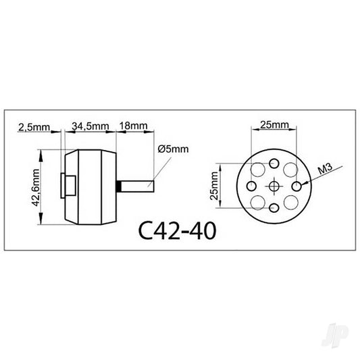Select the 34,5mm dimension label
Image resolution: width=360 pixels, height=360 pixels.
pos(91,126)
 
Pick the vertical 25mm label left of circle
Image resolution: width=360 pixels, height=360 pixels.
pos(215,186)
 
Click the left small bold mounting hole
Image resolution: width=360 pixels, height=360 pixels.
pos(252,186)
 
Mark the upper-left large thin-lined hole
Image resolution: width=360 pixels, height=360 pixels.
pos(259,170)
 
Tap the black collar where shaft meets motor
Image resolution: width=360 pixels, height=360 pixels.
pos(119,185)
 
